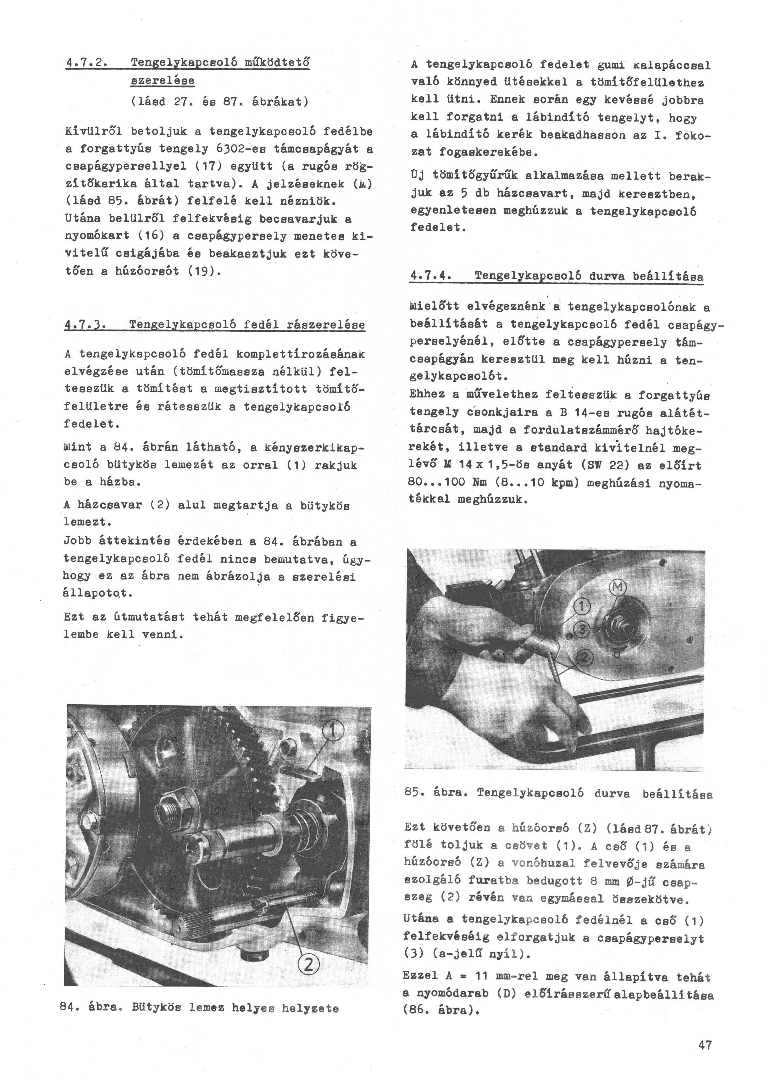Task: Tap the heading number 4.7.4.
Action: pos(431,276)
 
